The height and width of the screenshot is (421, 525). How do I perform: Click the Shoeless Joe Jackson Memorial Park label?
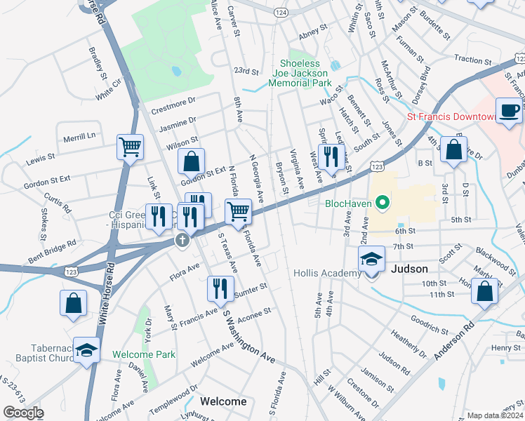pos(300,73)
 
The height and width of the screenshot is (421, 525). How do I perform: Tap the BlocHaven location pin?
pos(382,204)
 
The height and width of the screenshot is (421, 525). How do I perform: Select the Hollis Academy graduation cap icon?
pos(372,260)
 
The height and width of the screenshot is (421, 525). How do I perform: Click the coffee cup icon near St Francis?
pos(510,110)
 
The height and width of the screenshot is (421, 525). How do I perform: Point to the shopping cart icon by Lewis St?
pos(130,147)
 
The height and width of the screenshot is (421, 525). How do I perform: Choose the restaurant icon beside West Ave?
pos(330,156)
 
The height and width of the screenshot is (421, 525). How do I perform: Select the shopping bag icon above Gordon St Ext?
pos(191,161)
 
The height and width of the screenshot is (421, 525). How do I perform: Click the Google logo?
pos(22,412)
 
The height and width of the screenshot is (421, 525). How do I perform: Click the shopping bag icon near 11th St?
pos(484,292)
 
